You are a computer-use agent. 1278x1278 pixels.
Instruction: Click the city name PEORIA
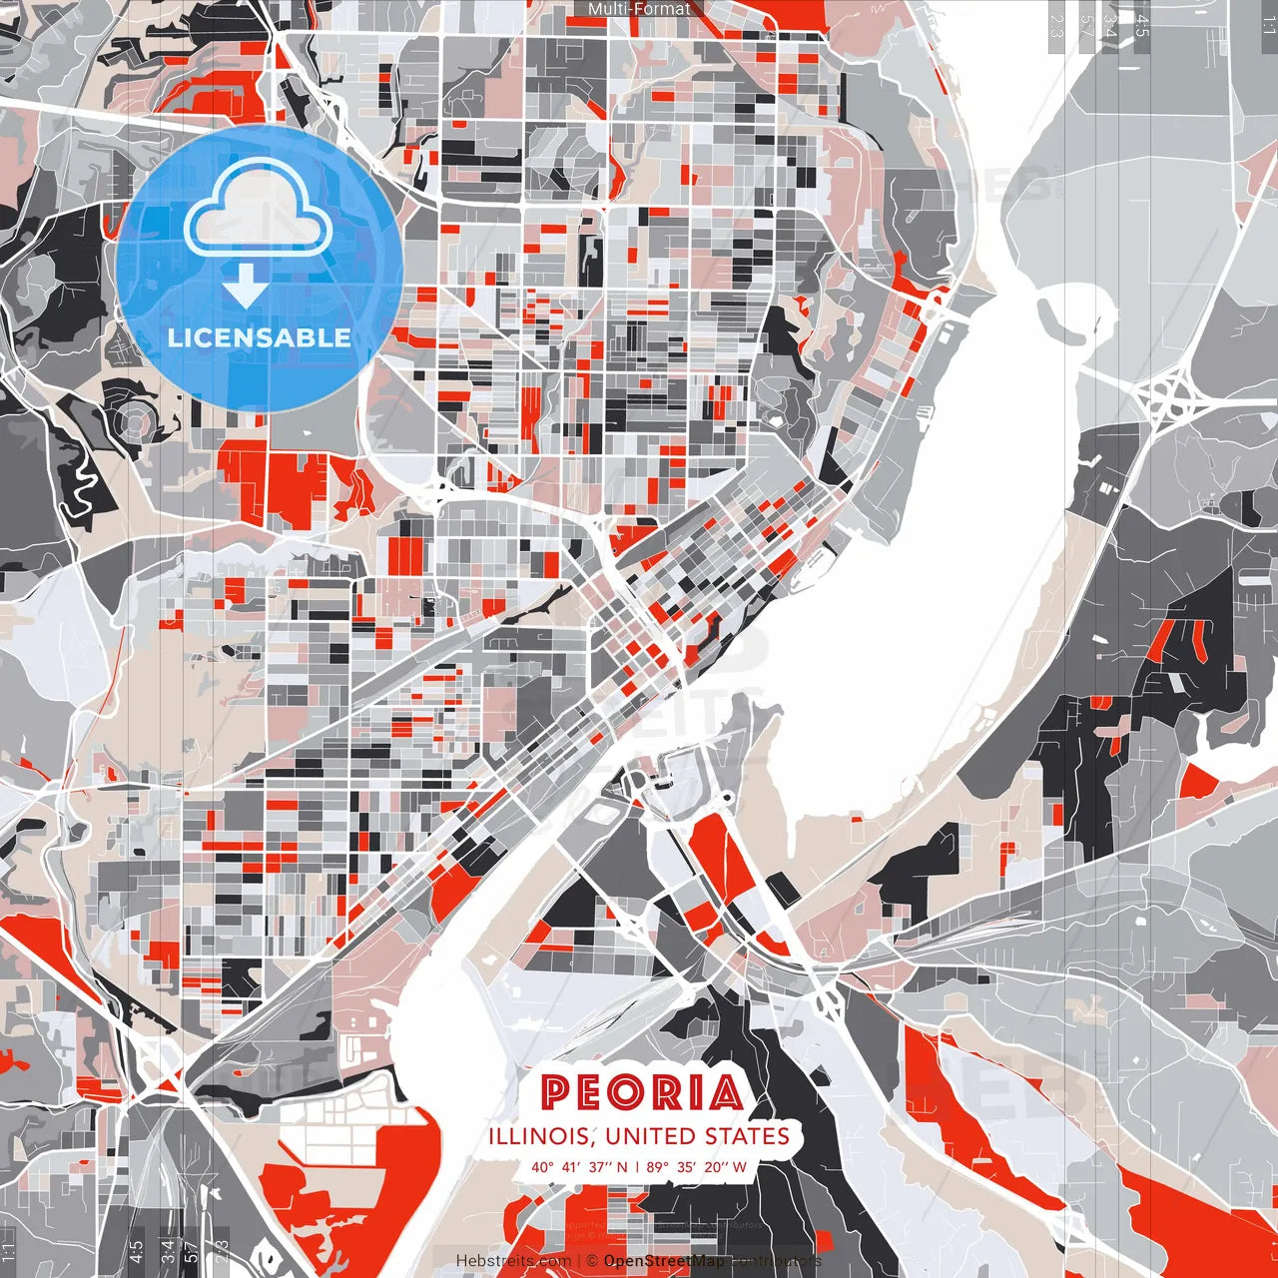coord(642,1092)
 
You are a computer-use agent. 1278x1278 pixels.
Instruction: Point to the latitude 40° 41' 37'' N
coord(579,1167)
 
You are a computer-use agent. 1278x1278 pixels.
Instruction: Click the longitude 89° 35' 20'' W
coord(697,1167)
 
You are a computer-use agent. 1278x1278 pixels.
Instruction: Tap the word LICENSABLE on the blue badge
coord(260,337)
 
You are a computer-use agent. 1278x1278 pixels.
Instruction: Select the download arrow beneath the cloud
coord(245,288)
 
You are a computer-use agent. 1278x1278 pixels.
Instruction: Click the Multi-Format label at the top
coord(639,9)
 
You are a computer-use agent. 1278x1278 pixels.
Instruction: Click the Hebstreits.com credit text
coord(513,1261)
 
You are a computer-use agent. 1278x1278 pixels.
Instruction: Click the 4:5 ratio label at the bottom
coord(136,1249)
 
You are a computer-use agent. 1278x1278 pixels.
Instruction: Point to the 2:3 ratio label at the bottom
coord(222,1249)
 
